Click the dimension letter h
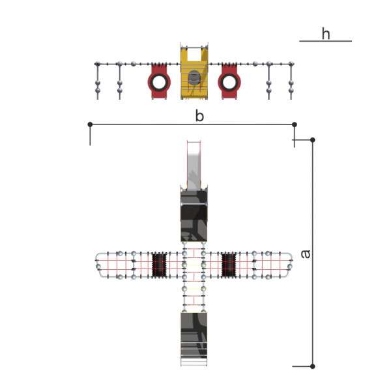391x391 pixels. click(326, 34)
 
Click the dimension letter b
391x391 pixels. click(199, 116)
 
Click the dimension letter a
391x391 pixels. click(306, 254)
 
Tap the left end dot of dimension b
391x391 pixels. click(91, 124)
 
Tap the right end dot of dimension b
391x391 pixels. click(295, 124)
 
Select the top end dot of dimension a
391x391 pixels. click(312, 140)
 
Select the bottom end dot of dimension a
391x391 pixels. click(312, 366)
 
